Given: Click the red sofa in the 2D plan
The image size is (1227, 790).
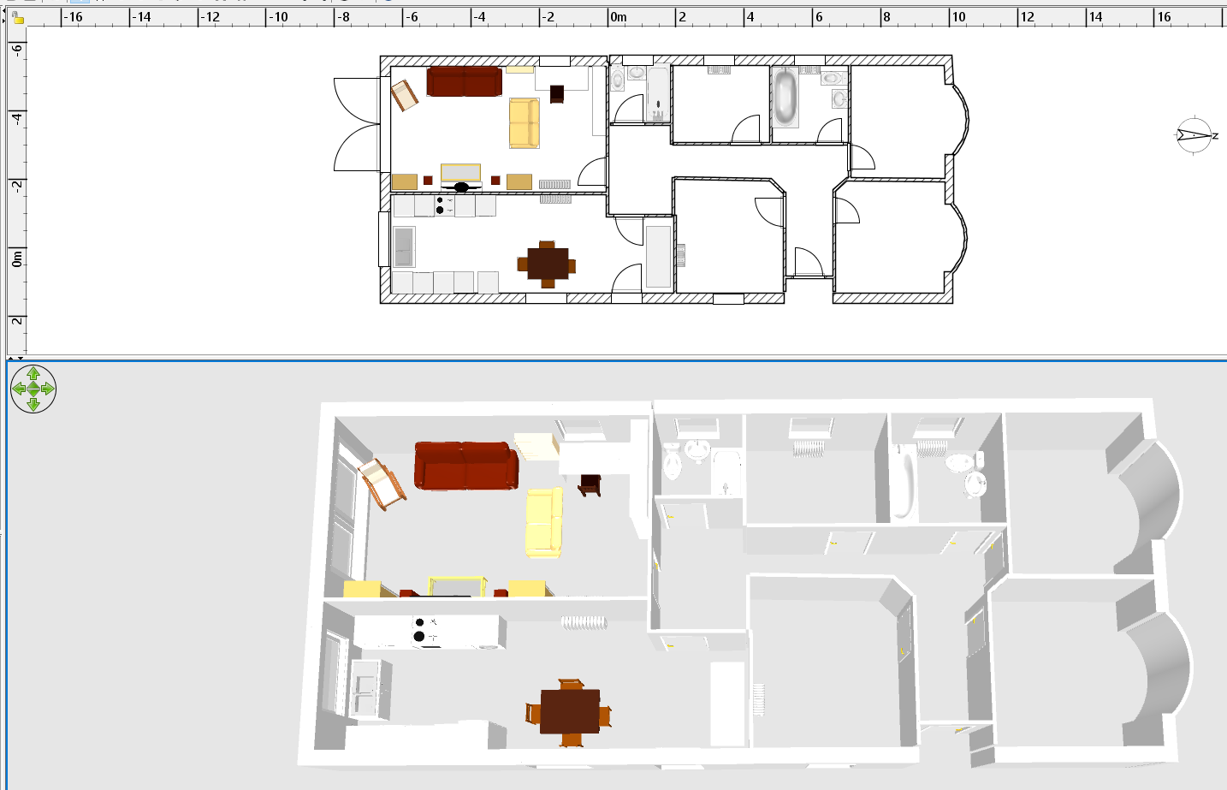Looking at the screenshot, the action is [464, 81].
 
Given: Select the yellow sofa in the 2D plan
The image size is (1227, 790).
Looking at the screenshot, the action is [525, 123].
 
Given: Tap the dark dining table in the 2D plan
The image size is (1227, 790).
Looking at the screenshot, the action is [548, 264].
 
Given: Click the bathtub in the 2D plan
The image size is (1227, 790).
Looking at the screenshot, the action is [785, 97].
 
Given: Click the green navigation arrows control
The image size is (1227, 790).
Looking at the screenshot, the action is [33, 389].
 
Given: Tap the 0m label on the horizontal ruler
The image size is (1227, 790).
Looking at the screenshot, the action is [619, 17].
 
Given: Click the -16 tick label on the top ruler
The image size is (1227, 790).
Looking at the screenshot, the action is [73, 17].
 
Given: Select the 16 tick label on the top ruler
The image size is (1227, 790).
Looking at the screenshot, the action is [1164, 17].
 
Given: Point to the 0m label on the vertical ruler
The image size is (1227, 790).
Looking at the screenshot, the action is [17, 259].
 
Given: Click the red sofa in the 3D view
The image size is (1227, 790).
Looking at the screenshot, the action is [466, 465].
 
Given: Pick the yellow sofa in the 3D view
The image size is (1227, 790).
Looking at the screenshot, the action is [544, 523].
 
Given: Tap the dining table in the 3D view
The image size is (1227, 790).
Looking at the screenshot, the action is [569, 711].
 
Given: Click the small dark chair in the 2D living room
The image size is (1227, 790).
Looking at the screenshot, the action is [557, 93].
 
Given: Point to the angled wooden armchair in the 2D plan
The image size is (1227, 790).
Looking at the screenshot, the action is [404, 95].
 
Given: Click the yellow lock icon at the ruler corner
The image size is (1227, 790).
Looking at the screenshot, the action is [18, 19].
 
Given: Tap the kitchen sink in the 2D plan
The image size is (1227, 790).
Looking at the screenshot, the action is [404, 247].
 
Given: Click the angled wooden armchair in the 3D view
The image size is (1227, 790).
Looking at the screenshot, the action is [382, 484].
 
